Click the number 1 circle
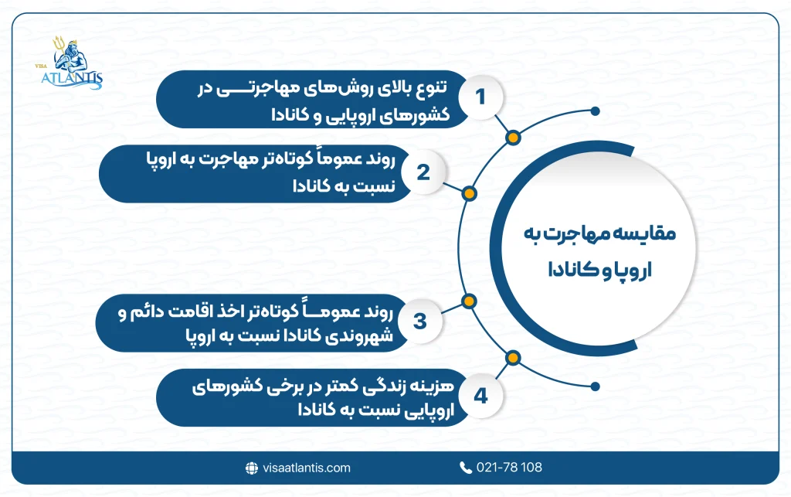point(480,97)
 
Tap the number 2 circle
point(423,172)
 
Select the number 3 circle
point(420,322)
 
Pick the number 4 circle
point(480,397)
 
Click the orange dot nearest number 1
point(512,138)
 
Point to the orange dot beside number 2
point(468,192)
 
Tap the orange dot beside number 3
point(467,301)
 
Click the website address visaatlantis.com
point(305,467)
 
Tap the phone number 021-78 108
point(511,467)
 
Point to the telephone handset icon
point(465,467)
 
